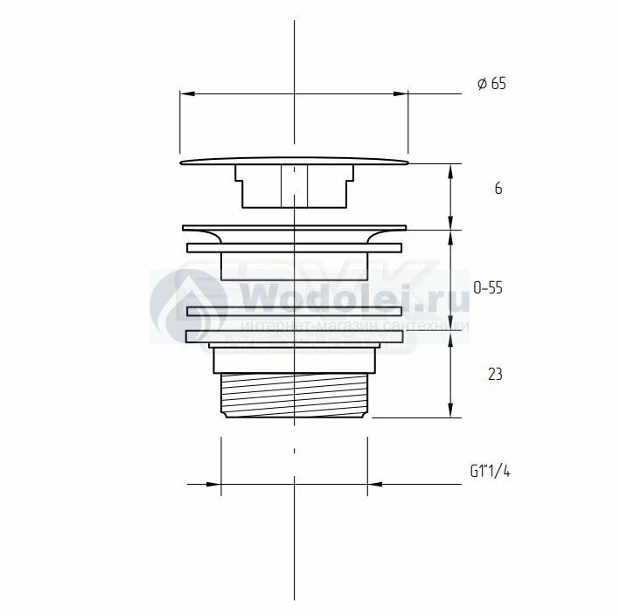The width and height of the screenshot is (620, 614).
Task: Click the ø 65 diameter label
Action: pos(491,84)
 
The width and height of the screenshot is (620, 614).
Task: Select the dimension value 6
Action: pos(498,189)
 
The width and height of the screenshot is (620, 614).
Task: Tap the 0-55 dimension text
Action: pos(488,288)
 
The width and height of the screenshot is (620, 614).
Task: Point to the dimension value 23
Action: pos(495,374)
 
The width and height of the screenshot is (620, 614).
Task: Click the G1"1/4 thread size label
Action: pos(490,471)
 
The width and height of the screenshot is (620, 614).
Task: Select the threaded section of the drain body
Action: pos(295,396)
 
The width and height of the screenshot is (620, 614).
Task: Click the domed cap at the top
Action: pos(295,161)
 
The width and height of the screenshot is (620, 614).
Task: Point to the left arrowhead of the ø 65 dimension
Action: pos(187,94)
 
